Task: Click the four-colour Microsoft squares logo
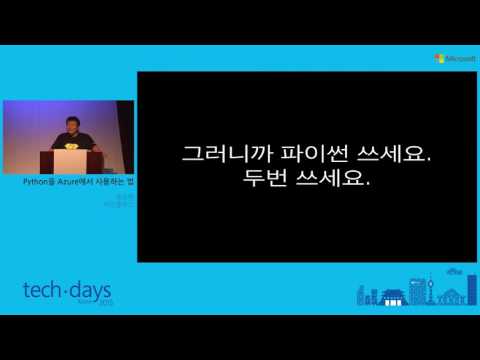pyautogui.click(x=439, y=58)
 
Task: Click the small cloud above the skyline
pyautogui.click(x=452, y=273)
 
